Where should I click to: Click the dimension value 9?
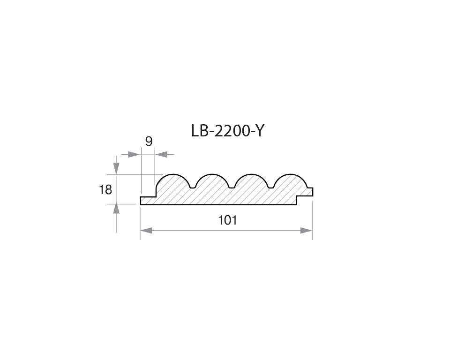pos(149,141)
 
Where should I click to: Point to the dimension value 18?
pos(105,190)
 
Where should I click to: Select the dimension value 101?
pos(227,220)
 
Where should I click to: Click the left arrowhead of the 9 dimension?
pos(135,154)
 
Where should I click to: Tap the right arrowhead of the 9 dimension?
pos(161,154)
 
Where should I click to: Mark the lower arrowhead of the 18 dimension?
pos(116,210)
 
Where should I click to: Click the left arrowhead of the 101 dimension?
pos(147,230)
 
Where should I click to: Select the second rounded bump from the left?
pos(211,180)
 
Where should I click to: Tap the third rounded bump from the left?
pos(250,180)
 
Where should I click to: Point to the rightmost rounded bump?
pos(289,180)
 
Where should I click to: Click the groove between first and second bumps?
pos(192,187)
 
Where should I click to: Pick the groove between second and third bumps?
pos(231,187)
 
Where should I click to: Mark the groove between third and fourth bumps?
pos(270,187)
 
